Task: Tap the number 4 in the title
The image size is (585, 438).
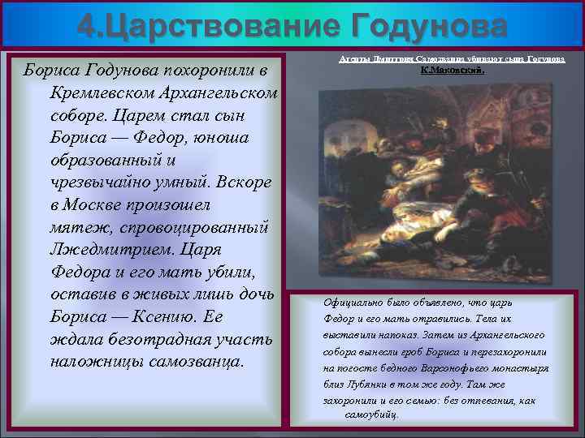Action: pos(87,27)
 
